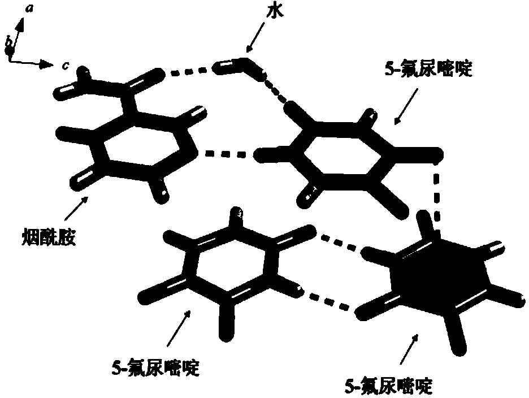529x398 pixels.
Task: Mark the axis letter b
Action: pyautogui.click(x=8, y=41)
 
